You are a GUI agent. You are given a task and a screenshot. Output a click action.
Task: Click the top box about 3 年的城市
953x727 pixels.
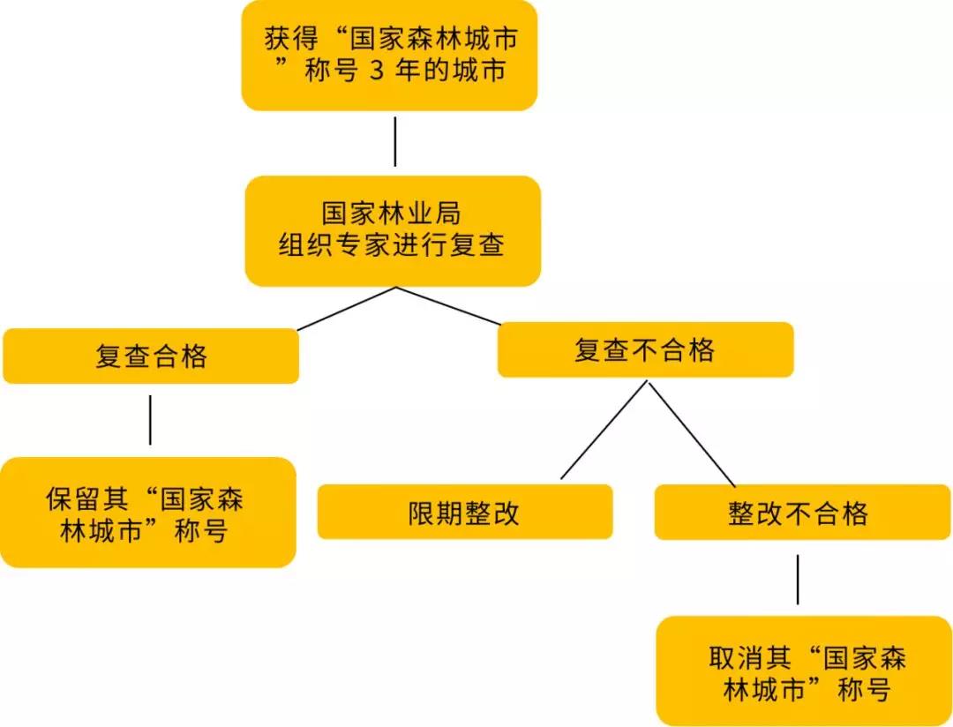(389, 55)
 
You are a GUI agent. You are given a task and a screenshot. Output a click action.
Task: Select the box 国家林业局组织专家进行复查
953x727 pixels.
(392, 230)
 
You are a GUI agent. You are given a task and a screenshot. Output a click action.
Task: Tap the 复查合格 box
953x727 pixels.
(151, 356)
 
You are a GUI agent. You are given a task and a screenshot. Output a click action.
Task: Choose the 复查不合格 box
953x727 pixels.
(645, 349)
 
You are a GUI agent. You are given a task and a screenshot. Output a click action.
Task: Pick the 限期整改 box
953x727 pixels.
(464, 512)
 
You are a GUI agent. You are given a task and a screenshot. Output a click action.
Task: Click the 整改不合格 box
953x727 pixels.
(802, 512)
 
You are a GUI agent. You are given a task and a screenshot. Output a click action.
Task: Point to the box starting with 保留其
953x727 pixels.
(147, 513)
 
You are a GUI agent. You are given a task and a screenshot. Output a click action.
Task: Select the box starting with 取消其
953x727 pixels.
(804, 671)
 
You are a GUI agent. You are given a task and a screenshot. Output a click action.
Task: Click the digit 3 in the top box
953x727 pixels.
(376, 71)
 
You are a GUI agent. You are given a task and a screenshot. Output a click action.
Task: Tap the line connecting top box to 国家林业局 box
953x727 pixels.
(394, 141)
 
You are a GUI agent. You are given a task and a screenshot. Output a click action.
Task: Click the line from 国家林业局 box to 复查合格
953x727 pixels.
(346, 308)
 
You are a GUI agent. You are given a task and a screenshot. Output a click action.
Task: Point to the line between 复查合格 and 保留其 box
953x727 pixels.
(150, 419)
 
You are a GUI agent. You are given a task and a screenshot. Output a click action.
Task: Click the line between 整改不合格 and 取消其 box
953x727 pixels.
(798, 579)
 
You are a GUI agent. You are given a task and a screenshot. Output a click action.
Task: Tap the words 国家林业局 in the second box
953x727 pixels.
(390, 214)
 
